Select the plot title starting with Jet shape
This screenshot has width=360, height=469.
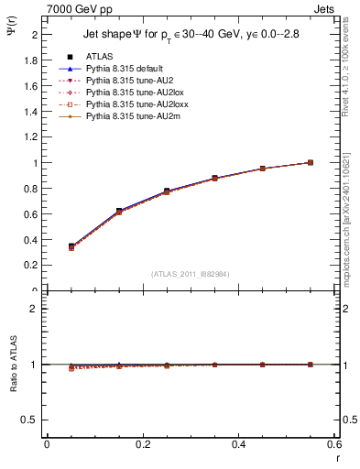coord(191,35)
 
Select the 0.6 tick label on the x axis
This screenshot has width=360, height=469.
coord(335,445)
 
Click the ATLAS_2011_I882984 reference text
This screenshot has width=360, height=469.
coord(190,274)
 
